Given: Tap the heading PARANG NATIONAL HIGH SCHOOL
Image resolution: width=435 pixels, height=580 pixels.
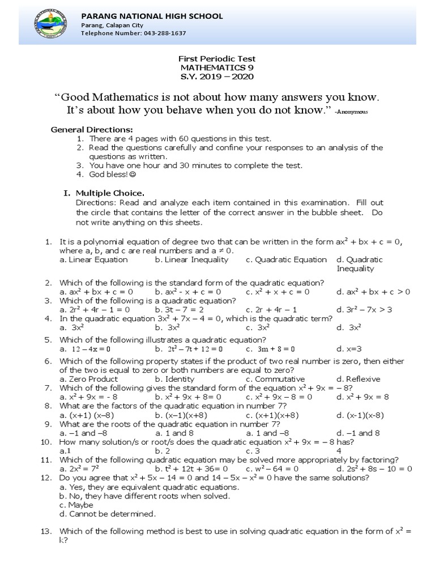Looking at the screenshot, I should tap(152, 16).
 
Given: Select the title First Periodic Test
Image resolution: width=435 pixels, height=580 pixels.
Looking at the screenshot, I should tap(217, 59).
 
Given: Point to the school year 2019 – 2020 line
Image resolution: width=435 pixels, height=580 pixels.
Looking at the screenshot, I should tap(217, 76).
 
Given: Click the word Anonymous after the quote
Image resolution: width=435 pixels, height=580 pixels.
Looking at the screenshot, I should tap(352, 112).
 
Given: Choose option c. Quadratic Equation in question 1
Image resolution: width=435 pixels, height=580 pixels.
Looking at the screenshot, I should tap(286, 259).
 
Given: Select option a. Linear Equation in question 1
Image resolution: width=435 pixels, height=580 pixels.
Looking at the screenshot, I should tap(93, 259).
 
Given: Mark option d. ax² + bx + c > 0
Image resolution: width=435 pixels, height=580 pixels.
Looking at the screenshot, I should tap(373, 292).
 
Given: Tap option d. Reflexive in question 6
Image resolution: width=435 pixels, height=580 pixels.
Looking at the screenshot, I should tap(358, 379).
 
